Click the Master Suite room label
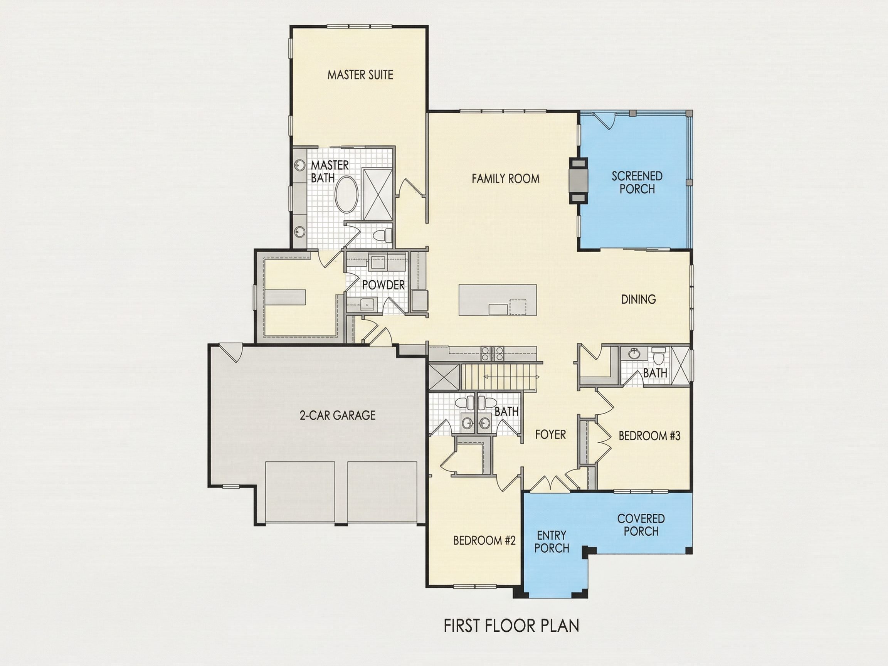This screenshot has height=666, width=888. click(x=360, y=75)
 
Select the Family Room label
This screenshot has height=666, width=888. click(x=505, y=179)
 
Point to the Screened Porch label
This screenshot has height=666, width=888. click(x=637, y=183)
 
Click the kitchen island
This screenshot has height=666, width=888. click(x=498, y=300)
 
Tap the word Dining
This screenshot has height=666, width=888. click(x=638, y=299)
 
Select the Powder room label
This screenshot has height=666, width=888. click(x=383, y=285)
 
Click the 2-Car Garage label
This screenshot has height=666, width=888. click(x=338, y=415)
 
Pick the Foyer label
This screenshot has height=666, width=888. click(x=550, y=434)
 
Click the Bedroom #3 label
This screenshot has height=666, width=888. click(x=649, y=436)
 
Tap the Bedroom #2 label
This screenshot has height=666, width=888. click(x=484, y=540)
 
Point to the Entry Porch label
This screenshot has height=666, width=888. click(x=552, y=542)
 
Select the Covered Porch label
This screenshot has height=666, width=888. click(x=641, y=525)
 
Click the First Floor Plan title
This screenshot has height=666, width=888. click(x=511, y=626)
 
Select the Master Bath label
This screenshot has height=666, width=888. click(x=330, y=172)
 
